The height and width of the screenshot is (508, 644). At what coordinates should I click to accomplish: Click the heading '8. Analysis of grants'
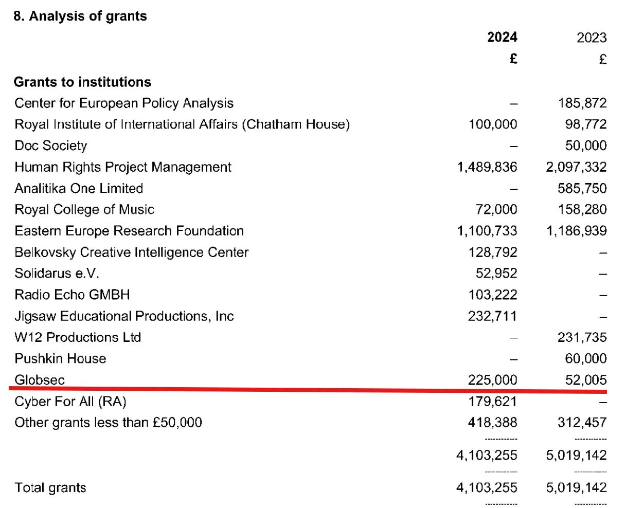[80, 16]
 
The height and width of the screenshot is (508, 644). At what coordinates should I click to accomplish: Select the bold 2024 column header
[502, 38]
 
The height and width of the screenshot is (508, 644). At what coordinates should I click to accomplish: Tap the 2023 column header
[592, 38]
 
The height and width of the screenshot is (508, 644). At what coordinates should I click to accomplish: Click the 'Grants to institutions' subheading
[82, 82]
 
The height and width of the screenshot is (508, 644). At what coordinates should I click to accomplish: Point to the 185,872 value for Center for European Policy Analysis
[582, 103]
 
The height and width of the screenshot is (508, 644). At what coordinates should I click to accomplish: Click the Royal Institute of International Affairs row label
[182, 124]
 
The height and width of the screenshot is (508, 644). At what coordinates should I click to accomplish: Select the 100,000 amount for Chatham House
[493, 124]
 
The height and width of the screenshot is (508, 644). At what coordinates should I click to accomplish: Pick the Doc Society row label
[50, 146]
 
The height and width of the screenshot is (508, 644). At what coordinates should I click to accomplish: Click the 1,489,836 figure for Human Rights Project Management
[487, 167]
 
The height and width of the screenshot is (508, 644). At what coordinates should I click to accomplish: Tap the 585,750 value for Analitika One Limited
[582, 189]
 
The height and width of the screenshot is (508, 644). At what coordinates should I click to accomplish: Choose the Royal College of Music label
[84, 209]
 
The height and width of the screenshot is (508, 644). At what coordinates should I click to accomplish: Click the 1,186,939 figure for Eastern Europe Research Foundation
[577, 231]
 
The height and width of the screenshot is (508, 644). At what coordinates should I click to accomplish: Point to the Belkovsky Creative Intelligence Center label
[131, 252]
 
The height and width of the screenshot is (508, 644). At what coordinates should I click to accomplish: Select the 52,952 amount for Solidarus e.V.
[496, 274]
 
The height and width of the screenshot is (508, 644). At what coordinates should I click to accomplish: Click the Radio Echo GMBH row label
[72, 295]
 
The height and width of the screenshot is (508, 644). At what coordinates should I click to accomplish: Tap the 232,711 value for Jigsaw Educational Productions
[493, 316]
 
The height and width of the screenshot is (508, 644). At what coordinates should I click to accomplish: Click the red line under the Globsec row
[308, 390]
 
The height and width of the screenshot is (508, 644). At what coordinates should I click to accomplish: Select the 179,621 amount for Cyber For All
[493, 402]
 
